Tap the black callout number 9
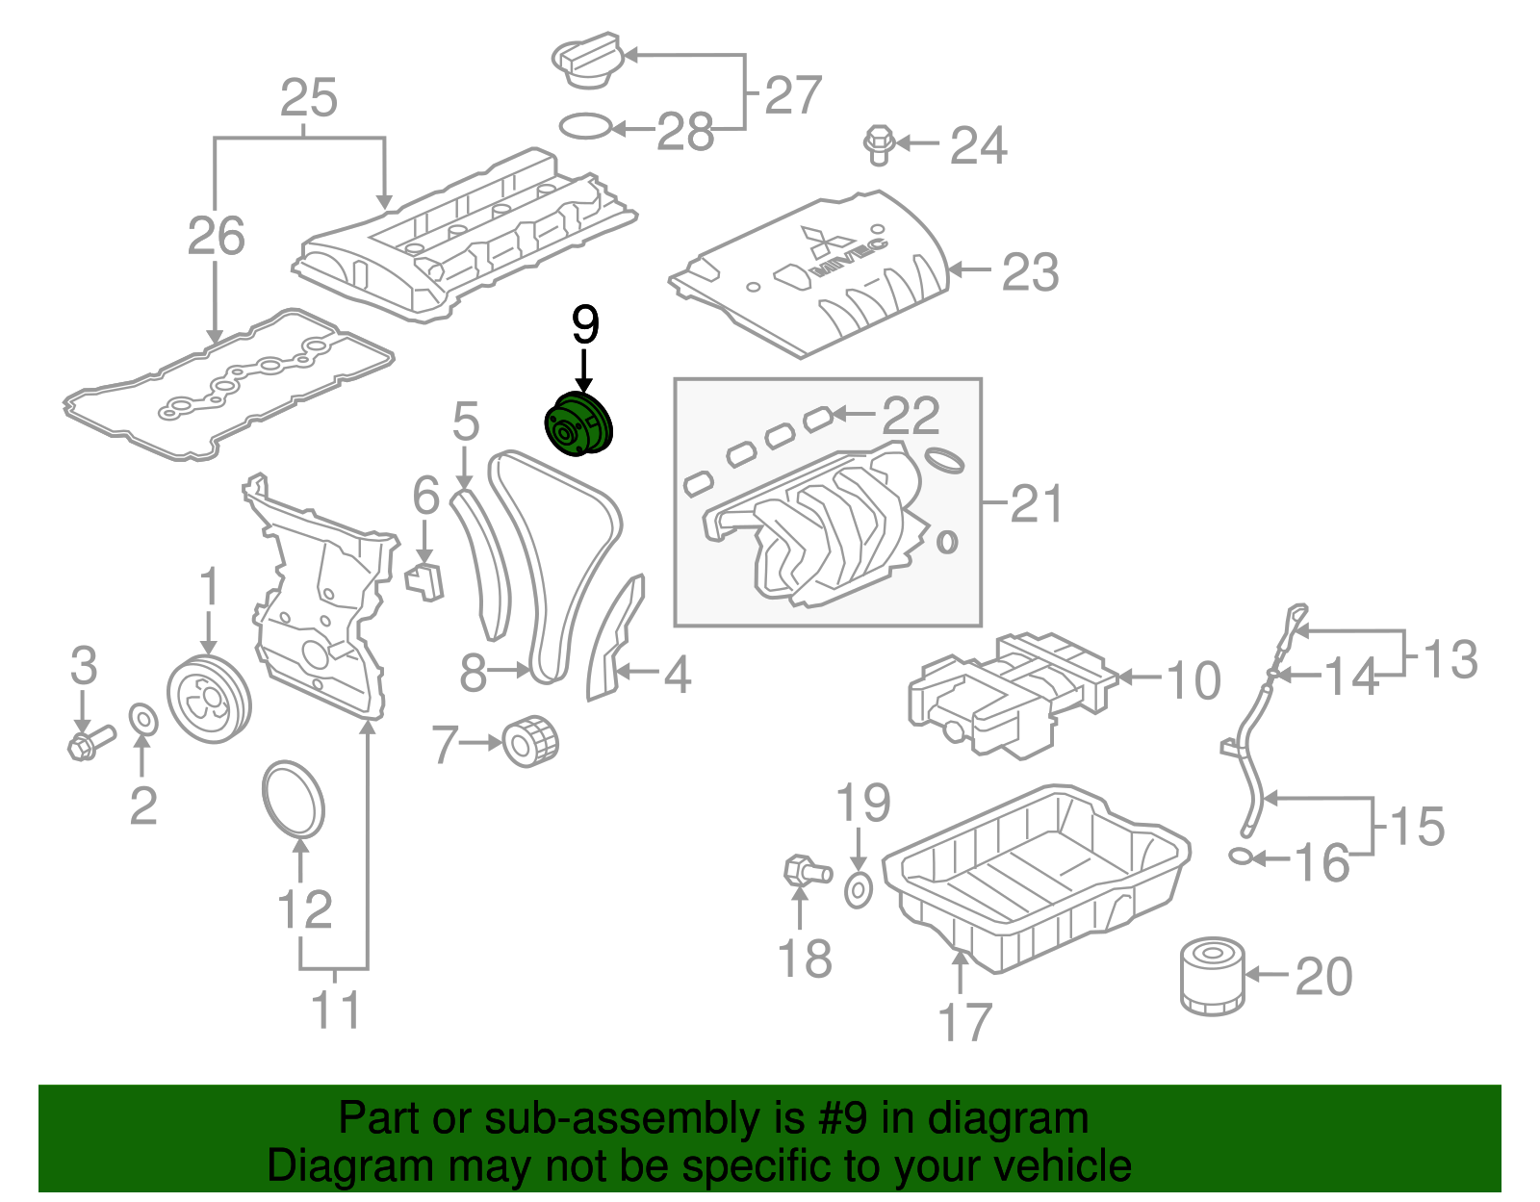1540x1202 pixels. (x=585, y=324)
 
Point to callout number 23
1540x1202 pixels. (x=1031, y=272)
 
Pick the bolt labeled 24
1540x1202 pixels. (x=879, y=143)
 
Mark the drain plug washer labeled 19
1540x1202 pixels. (x=859, y=890)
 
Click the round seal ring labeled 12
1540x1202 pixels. (x=294, y=799)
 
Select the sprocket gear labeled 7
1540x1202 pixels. (x=530, y=741)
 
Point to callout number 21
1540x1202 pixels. (x=1036, y=503)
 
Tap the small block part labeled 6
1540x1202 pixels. (x=424, y=580)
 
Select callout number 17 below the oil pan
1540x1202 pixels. (x=964, y=1023)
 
